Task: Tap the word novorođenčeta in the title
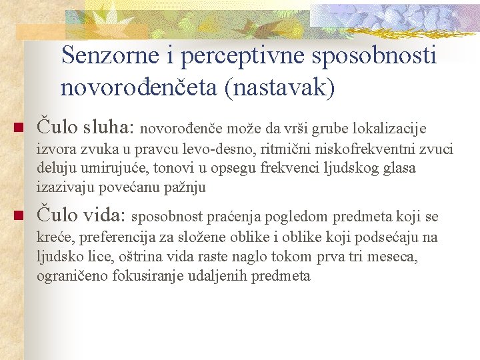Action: tap(139, 87)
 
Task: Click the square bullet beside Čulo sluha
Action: tap(18, 127)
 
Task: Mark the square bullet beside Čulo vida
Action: tap(18, 215)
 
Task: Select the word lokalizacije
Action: tap(389, 127)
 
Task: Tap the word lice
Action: tap(96, 257)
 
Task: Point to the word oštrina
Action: tap(139, 257)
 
